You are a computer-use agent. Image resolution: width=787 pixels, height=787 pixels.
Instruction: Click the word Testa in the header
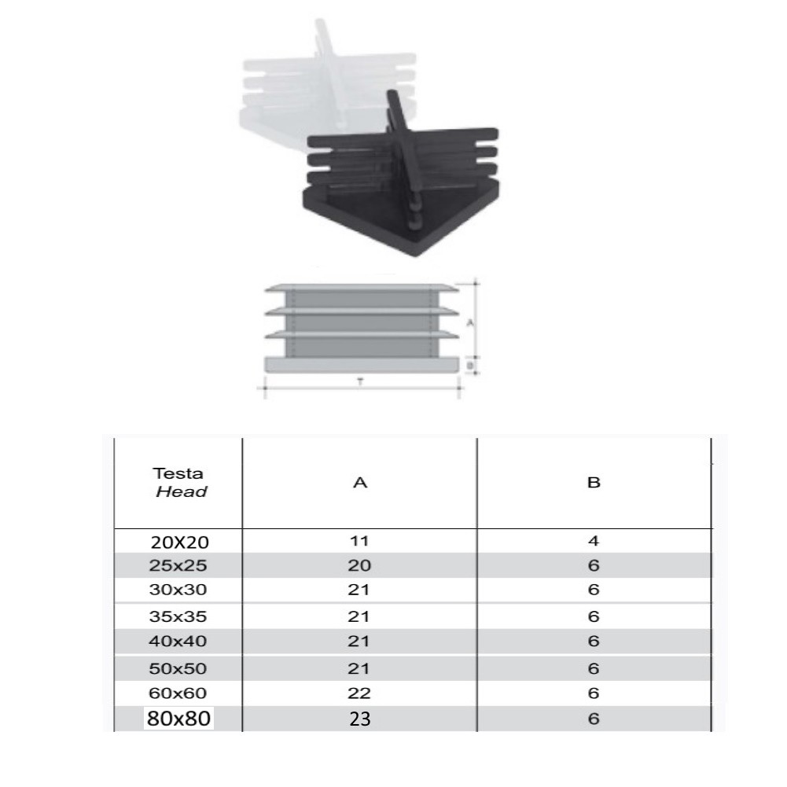click(x=178, y=473)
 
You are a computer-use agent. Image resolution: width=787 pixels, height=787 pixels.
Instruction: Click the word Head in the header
click(x=181, y=491)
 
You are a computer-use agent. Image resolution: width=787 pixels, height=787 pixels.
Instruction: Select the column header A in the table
click(x=360, y=482)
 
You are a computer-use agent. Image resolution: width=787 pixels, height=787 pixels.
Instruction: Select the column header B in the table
click(x=594, y=482)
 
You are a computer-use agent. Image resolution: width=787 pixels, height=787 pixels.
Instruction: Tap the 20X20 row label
click(x=180, y=542)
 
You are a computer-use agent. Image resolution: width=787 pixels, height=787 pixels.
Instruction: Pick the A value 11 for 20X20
click(x=359, y=541)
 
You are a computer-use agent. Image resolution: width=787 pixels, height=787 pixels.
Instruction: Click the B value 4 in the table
click(x=594, y=541)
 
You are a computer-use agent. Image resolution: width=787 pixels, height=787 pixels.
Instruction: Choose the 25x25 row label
click(x=178, y=565)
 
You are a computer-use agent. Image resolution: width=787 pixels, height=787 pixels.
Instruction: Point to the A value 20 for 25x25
click(x=359, y=565)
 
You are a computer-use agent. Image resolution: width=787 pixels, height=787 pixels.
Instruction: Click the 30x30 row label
click(x=178, y=589)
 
